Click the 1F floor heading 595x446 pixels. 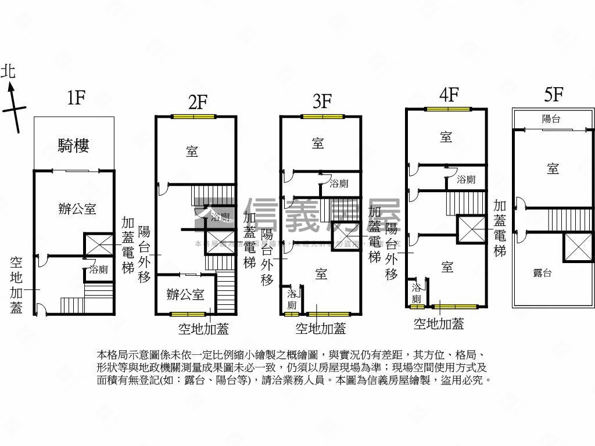pyautogui.click(x=76, y=98)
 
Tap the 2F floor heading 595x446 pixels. pyautogui.click(x=198, y=102)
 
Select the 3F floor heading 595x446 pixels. pyautogui.click(x=322, y=102)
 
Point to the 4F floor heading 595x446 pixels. pyautogui.click(x=449, y=94)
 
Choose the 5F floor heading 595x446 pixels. pyautogui.click(x=554, y=94)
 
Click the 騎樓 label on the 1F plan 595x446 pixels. pyautogui.click(x=73, y=145)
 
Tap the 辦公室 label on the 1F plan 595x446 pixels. pyautogui.click(x=77, y=209)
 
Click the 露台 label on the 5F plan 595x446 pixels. pyautogui.click(x=542, y=273)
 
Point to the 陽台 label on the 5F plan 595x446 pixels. pyautogui.click(x=551, y=119)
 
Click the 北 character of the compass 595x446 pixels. pyautogui.click(x=8, y=72)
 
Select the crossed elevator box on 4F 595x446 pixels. pyautogui.click(x=472, y=229)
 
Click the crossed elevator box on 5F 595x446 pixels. pyautogui.click(x=579, y=247)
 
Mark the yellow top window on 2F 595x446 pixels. pyautogui.click(x=193, y=117)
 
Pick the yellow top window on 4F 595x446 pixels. pyautogui.click(x=447, y=109)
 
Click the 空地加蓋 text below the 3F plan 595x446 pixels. pyautogui.click(x=321, y=329)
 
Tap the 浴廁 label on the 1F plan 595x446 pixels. pyautogui.click(x=98, y=269)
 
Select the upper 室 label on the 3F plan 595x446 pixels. pyautogui.click(x=318, y=143)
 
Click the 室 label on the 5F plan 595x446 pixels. pyautogui.click(x=553, y=168)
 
